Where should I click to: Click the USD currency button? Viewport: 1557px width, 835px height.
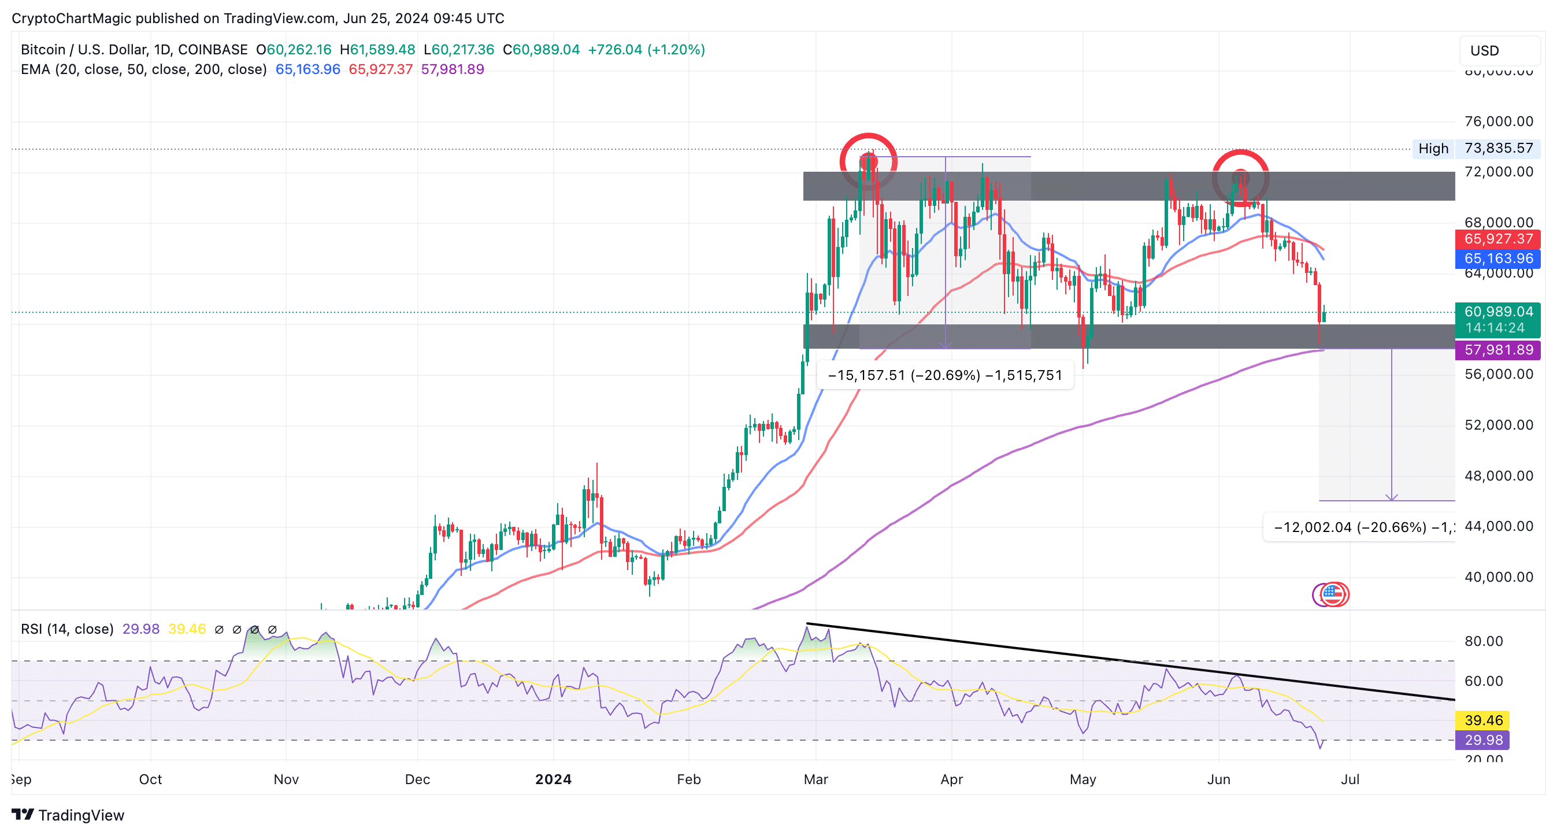coord(1499,51)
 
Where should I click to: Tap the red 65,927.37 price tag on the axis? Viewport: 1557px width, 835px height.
coord(1498,239)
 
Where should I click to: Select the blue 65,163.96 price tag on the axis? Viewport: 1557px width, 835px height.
coord(1498,259)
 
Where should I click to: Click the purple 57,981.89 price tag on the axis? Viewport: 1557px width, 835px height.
coord(1498,350)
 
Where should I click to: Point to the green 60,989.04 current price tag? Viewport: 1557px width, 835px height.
coord(1498,313)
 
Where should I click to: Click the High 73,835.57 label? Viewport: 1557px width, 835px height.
coord(1476,149)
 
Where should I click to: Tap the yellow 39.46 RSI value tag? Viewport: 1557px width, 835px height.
coord(1483,720)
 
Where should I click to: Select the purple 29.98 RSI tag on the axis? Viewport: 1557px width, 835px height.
coord(1483,740)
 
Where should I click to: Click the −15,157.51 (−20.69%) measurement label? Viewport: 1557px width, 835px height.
coord(945,375)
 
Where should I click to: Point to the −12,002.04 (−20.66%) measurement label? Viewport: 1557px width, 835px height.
coord(1360,527)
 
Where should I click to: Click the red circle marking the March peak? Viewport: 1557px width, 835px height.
coord(869,161)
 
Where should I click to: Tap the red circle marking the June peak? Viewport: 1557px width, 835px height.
coord(1240,178)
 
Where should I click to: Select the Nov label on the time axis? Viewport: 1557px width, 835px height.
coord(286,779)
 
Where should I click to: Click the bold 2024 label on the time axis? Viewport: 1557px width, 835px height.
coord(553,779)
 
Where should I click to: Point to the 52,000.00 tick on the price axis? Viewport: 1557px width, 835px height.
coord(1499,425)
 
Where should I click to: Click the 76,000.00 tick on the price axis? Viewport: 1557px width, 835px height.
coord(1499,121)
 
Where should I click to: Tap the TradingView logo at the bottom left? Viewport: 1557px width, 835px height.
coord(68,815)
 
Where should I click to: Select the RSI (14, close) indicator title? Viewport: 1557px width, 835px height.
coord(67,629)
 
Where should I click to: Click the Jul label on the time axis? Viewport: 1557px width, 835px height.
coord(1350,779)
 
